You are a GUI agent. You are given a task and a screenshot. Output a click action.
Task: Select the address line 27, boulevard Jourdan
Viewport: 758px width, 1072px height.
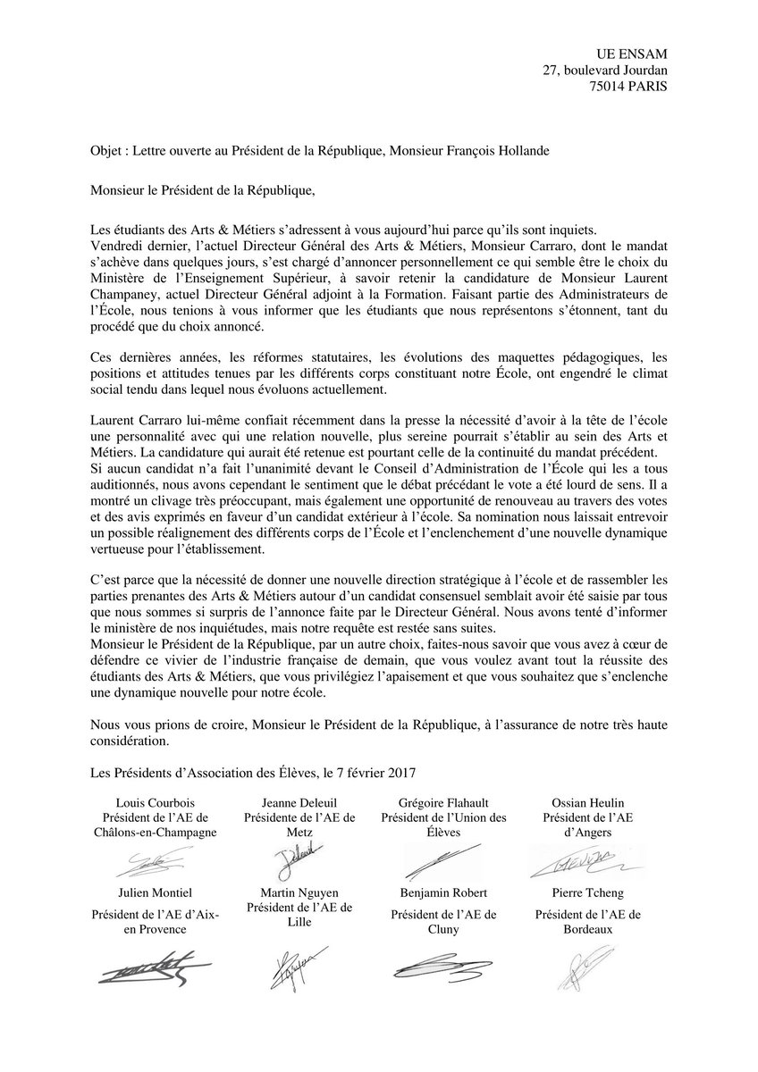[x=605, y=71]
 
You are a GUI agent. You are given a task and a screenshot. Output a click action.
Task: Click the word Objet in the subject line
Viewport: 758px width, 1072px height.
[x=107, y=151]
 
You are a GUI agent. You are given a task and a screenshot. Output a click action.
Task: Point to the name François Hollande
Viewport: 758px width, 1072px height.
[x=502, y=151]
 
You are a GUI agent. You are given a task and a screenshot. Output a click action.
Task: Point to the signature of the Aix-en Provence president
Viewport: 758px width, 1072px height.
[x=152, y=968]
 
